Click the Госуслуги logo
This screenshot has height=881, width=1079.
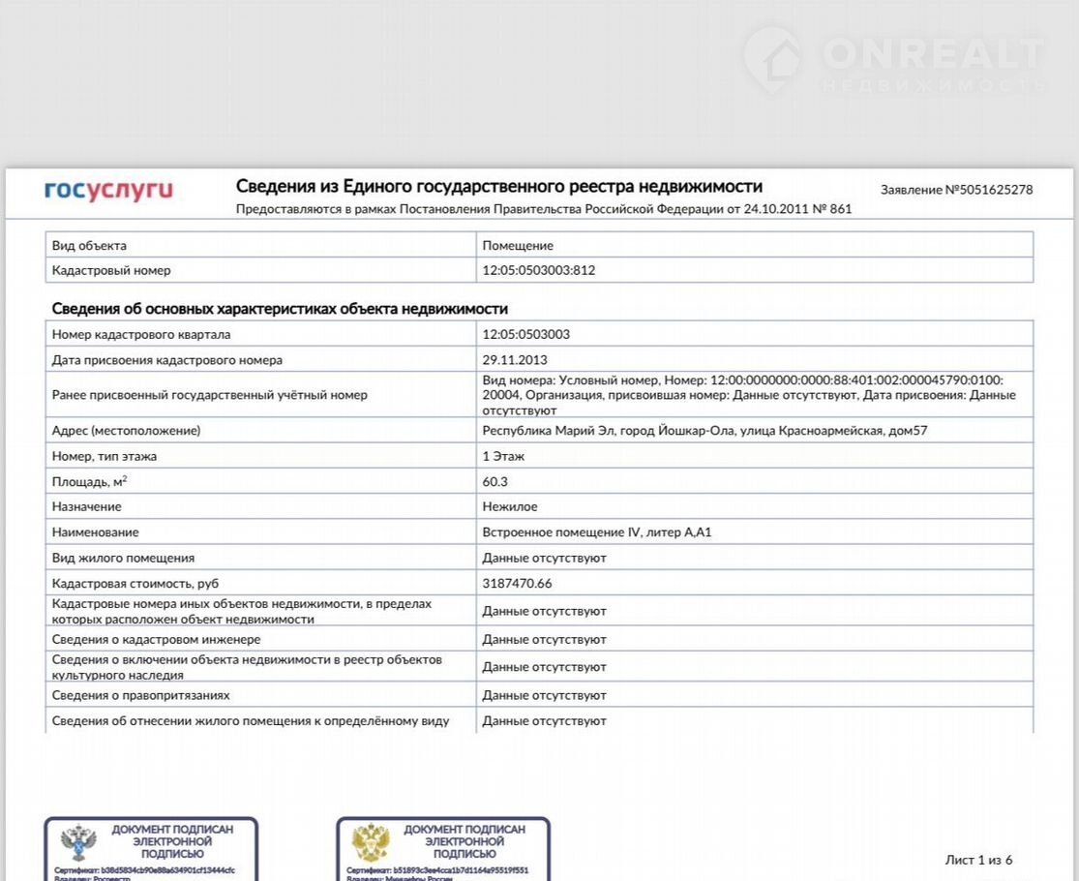[108, 190]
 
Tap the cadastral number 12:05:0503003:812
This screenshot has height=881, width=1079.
[538, 270]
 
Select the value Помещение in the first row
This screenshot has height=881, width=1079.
[518, 246]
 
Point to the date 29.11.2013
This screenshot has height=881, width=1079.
[515, 360]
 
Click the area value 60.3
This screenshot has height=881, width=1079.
[495, 481]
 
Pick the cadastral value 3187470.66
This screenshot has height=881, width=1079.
[517, 584]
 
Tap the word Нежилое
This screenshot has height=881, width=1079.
[510, 506]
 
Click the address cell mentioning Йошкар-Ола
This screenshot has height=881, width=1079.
[704, 431]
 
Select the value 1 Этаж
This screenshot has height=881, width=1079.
[503, 456]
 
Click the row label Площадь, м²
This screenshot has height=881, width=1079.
[90, 481]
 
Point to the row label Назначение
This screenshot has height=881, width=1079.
[87, 506]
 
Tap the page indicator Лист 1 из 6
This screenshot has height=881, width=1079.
[978, 860]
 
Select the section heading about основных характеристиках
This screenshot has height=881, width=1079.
[280, 309]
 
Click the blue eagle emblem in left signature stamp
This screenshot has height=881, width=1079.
[78, 842]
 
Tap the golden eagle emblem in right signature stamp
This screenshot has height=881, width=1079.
[371, 842]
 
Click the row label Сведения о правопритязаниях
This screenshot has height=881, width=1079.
[140, 695]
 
